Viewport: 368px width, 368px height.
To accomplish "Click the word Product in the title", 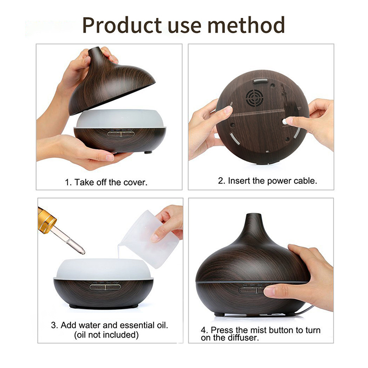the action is (122, 25).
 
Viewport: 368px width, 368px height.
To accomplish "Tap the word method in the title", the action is (246, 25).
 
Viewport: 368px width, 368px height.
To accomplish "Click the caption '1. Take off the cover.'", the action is (106, 182).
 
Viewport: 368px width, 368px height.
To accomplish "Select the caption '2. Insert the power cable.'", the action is (267, 181).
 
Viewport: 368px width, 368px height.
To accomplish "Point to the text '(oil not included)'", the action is (106, 335).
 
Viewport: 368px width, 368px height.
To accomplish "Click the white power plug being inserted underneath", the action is (285, 121).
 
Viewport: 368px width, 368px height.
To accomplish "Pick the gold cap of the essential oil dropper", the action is (47, 220).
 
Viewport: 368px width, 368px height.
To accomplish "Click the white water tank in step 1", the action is (120, 119).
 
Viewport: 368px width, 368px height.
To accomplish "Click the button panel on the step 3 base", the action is (105, 287).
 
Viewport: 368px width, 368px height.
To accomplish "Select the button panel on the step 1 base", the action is (121, 134).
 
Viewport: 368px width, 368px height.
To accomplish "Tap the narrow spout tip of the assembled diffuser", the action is (254, 215).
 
